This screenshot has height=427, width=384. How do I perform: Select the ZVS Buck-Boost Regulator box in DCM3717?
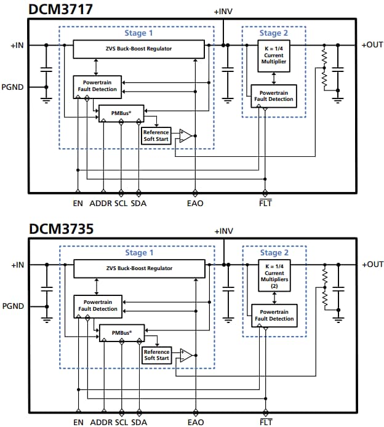point(138,49)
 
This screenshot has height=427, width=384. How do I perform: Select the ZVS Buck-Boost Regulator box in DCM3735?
point(138,269)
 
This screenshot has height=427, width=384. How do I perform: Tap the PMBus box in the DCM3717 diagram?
point(121,113)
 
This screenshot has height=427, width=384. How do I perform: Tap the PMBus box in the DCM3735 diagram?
point(121,332)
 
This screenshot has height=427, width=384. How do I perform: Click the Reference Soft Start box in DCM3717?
point(156,135)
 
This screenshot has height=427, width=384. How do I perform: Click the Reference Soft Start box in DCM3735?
point(156,355)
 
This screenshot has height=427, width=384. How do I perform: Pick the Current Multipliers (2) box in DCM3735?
point(274,275)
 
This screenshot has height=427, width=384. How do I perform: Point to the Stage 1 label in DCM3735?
point(136,253)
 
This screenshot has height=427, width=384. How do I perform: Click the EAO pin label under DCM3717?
point(196,203)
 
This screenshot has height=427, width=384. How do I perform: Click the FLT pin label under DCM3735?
point(266,422)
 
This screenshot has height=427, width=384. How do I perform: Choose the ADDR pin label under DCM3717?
point(101,203)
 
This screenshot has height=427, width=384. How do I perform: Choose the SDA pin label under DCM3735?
point(139,422)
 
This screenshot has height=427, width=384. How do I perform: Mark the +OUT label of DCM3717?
point(372,45)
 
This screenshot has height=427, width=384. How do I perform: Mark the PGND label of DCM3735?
point(12,306)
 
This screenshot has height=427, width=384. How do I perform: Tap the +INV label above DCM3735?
point(223,231)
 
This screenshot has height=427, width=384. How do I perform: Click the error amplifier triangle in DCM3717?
point(185,135)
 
